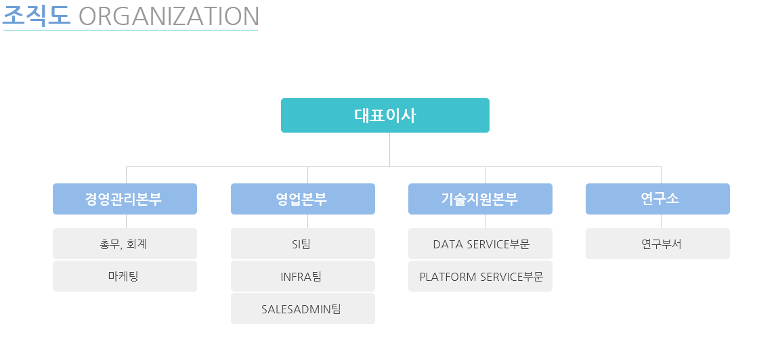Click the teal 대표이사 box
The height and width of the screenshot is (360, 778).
[385, 116]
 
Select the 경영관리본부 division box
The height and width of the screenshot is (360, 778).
[125, 199]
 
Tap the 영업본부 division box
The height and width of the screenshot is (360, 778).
[303, 199]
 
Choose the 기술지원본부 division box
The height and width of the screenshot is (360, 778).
[480, 199]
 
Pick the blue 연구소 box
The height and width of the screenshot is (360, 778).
[657, 199]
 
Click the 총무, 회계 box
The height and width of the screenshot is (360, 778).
[125, 244]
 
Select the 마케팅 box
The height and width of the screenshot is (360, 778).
[125, 276]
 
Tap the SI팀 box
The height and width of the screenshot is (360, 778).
[303, 244]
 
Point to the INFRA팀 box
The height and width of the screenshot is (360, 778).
[303, 276]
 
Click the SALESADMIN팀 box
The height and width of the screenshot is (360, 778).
[303, 309]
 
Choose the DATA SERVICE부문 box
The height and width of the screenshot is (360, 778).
[480, 244]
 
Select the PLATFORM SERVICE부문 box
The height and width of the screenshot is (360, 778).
[480, 276]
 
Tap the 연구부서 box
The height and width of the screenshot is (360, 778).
[657, 244]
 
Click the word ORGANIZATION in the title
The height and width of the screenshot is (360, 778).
[169, 16]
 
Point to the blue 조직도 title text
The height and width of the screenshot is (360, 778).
[36, 16]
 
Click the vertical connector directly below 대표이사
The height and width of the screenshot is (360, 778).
[389, 150]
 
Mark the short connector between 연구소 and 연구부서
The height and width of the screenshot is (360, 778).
[661, 221]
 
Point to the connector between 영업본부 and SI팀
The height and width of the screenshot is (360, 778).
[307, 221]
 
